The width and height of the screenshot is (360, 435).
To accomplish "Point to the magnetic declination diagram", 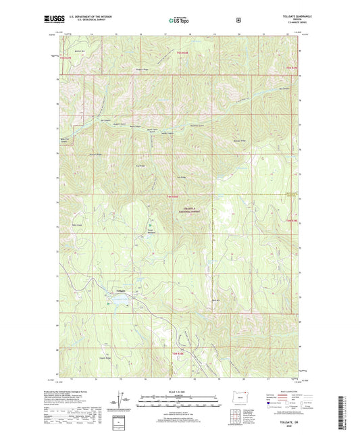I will click(120, 400).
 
